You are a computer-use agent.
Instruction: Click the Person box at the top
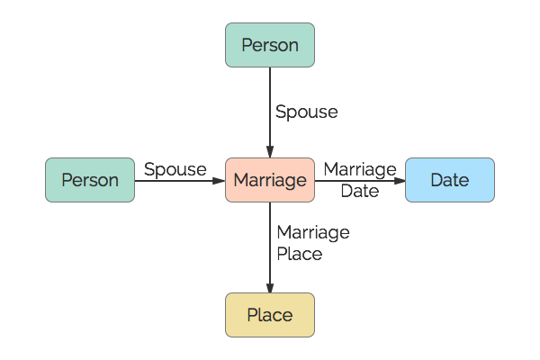(x=270, y=45)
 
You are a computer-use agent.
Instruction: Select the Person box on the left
(x=90, y=180)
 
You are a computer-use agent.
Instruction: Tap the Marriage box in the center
(x=270, y=180)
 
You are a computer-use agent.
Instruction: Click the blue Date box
(x=450, y=180)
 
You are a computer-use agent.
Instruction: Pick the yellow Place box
(x=270, y=315)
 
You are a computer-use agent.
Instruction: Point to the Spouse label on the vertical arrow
(x=307, y=112)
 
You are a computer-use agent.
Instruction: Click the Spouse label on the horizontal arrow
(x=175, y=169)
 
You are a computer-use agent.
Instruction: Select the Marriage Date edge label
(x=360, y=180)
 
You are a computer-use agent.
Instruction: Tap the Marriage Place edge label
(x=313, y=243)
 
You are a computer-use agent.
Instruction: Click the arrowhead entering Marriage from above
(x=270, y=152)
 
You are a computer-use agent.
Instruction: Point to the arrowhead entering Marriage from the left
(x=220, y=180)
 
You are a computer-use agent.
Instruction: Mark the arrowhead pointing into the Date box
(x=400, y=180)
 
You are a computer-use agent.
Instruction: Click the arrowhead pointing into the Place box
(x=270, y=287)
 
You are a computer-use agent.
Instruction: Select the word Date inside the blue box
(x=450, y=180)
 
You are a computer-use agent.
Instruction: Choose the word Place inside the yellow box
(x=270, y=315)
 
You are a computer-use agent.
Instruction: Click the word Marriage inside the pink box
(x=270, y=180)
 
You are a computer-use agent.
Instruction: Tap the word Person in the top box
(x=270, y=45)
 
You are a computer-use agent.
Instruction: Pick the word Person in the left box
(x=90, y=180)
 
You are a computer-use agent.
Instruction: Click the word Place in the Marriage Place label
(x=300, y=254)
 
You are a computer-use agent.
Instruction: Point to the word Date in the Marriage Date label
(x=360, y=191)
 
